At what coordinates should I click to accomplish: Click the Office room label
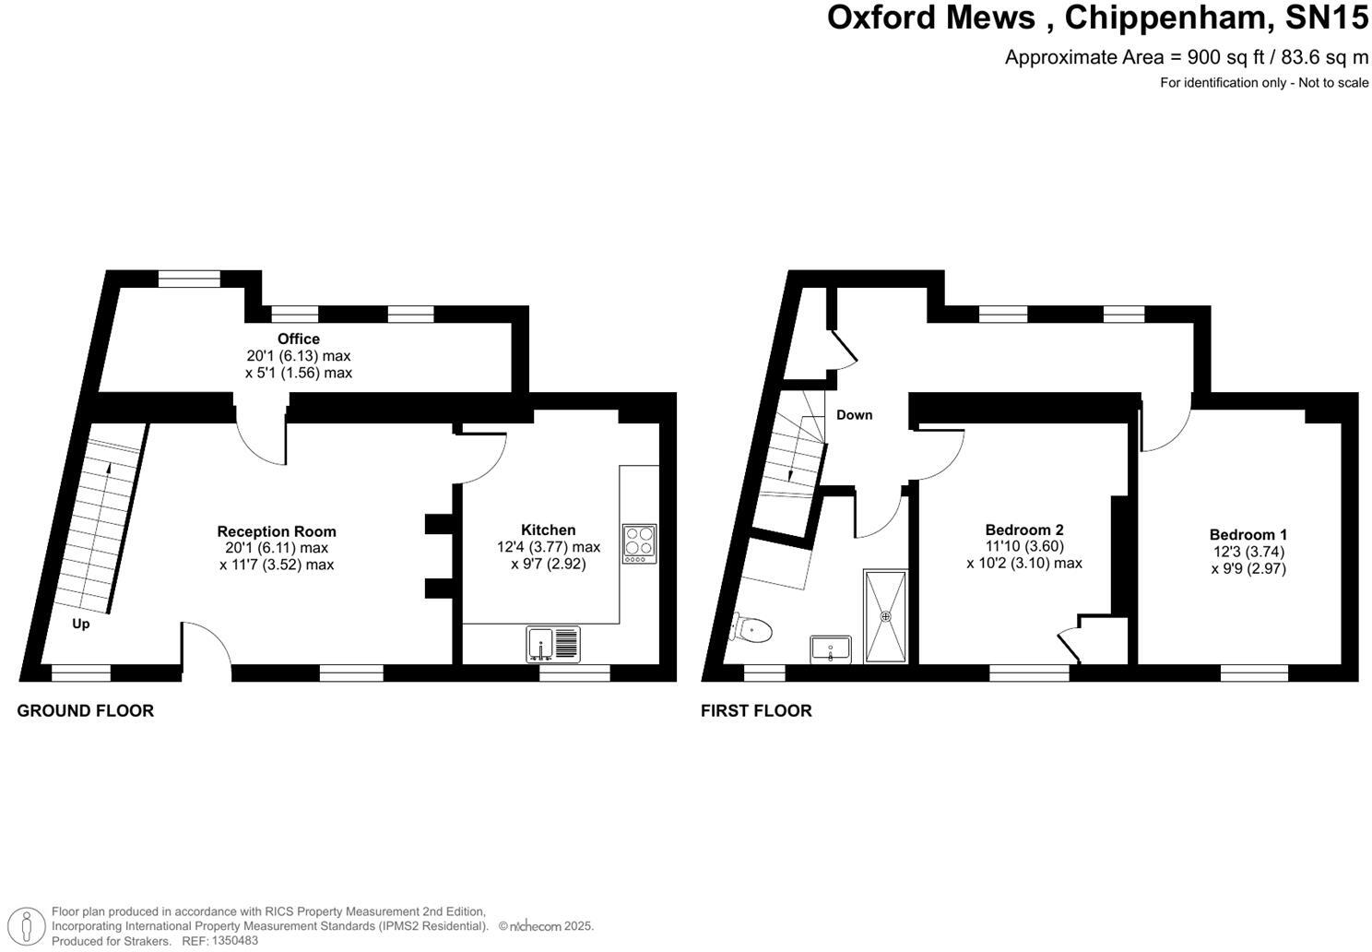click(298, 339)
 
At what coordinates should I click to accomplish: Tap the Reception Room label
click(277, 531)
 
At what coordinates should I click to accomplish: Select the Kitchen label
click(548, 530)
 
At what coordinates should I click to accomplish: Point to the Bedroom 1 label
click(1248, 535)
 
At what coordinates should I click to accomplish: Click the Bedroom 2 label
click(1023, 530)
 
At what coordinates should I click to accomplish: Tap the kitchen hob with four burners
click(639, 543)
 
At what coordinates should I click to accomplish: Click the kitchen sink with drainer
click(555, 644)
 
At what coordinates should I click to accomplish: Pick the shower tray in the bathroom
click(885, 615)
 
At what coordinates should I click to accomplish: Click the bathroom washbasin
click(831, 649)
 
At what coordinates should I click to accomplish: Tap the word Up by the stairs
click(81, 625)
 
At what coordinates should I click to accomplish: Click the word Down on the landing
click(854, 415)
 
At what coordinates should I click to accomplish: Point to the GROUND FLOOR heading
click(86, 710)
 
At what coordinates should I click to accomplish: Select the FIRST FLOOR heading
click(756, 710)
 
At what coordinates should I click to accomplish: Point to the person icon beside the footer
click(31, 925)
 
